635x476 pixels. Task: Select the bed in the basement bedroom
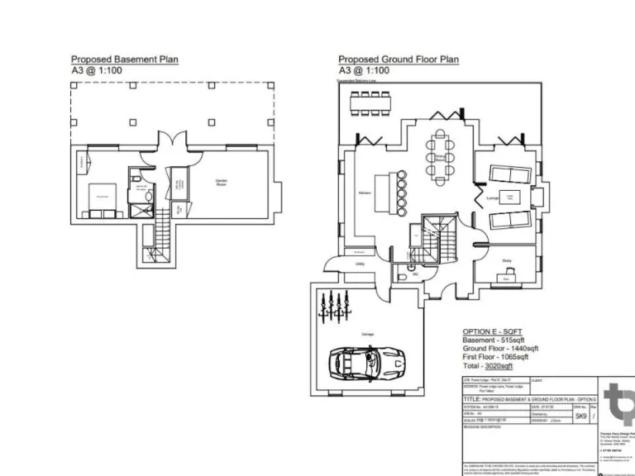tap(103, 196)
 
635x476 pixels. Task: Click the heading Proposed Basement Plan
tap(124, 59)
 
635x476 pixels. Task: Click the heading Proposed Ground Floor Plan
tap(399, 59)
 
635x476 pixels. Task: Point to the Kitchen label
tap(364, 193)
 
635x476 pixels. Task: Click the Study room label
tap(506, 261)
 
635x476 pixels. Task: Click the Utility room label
tap(360, 264)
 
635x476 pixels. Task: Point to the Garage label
tap(367, 334)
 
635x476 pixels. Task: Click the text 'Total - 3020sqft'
tap(487, 364)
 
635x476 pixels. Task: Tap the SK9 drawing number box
tap(581, 416)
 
